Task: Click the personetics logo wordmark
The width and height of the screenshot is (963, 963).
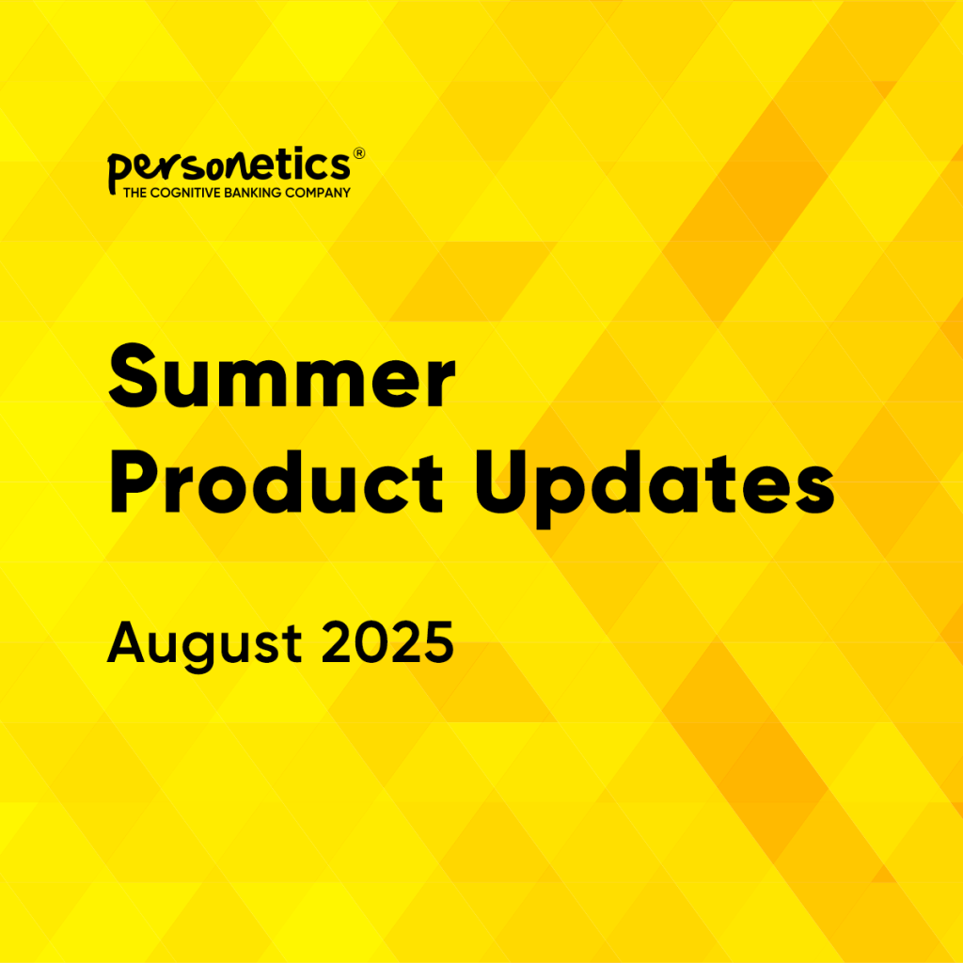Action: (229, 168)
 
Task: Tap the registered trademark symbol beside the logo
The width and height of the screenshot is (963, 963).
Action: (357, 152)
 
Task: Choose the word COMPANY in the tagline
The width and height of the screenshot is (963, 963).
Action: (323, 193)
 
